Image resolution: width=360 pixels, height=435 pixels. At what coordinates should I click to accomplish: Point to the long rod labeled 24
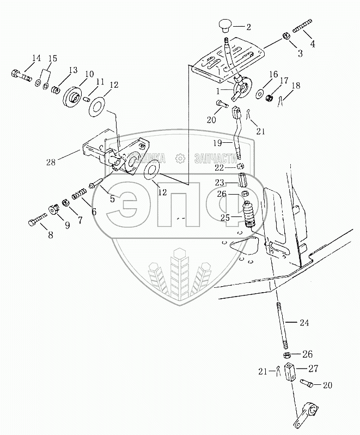point(283,324)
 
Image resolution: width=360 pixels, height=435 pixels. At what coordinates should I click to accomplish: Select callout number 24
point(303,323)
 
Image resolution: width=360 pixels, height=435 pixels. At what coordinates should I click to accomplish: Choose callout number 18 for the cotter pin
point(296,86)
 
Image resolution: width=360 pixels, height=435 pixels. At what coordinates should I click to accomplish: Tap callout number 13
point(72,70)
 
